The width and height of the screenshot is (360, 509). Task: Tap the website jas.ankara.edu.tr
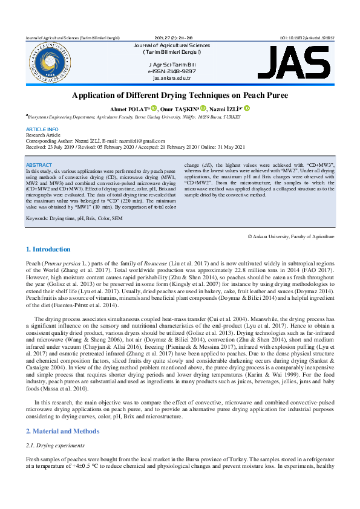click(172, 78)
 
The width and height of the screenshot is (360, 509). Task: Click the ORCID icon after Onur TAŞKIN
click(195, 108)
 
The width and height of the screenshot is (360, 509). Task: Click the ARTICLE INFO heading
click(42, 129)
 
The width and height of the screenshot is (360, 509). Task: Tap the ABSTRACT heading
click(39, 165)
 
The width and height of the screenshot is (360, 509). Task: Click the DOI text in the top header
click(307, 37)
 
